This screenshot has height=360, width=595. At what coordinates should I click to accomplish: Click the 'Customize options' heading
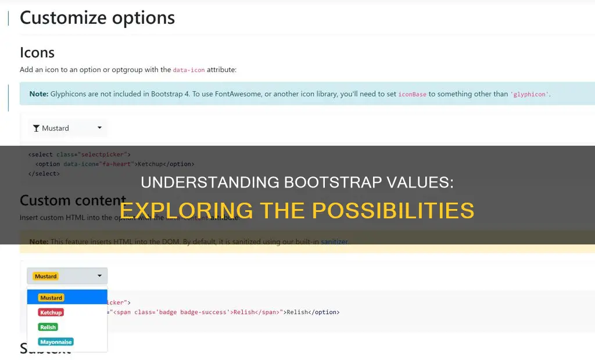[x=97, y=17]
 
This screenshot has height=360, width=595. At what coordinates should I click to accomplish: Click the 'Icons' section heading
[x=37, y=53]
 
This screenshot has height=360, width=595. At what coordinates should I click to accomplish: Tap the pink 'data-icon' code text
[x=189, y=70]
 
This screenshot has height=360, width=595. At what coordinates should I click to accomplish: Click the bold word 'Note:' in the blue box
[x=38, y=93]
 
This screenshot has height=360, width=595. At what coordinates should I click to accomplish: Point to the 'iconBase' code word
[x=412, y=94]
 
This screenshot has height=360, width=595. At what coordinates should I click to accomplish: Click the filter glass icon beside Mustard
[x=37, y=128]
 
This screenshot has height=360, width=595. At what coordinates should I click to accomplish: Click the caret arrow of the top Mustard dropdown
[x=99, y=128]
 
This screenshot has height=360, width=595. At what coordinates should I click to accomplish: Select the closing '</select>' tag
[x=44, y=174]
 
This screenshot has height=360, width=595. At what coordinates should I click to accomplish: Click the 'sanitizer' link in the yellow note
[x=334, y=242]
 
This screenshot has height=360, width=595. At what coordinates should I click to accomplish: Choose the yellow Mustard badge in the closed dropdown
[x=46, y=276]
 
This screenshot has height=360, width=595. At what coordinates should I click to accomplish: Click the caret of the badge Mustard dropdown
[x=99, y=276]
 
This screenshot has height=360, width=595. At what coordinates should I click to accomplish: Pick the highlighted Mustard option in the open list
[x=51, y=297]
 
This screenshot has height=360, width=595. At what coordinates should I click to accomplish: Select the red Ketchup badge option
[x=51, y=312]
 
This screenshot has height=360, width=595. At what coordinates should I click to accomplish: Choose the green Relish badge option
[x=48, y=327]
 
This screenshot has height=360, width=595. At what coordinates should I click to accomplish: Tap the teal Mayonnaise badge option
[x=56, y=342]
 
